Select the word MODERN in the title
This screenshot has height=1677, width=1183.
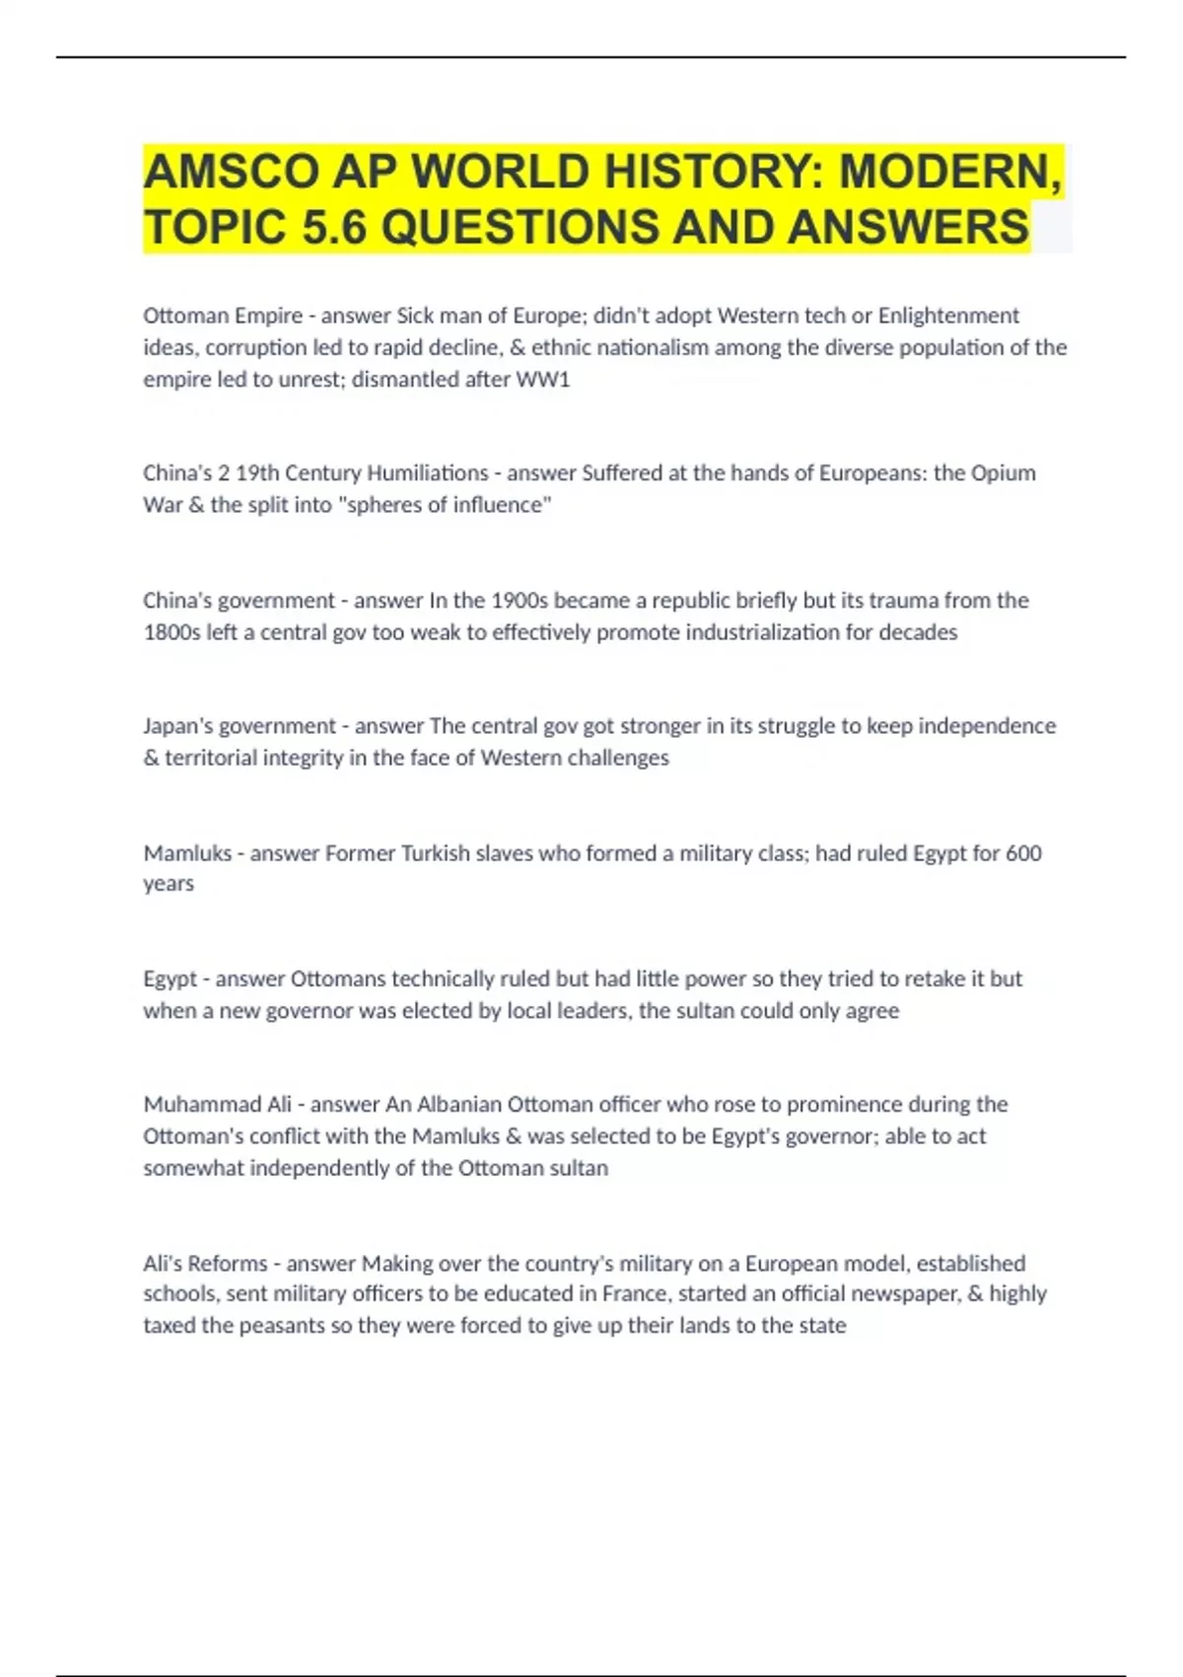click(947, 173)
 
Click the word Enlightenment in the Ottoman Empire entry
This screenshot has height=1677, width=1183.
click(948, 316)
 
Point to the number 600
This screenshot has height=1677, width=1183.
click(1023, 852)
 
